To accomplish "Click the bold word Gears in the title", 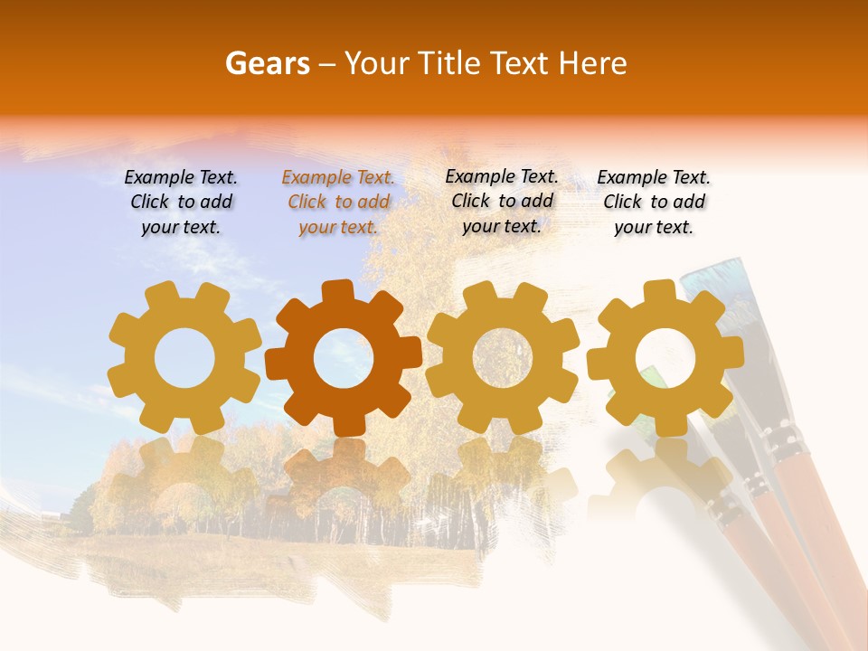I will point(267,63).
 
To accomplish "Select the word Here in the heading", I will point(593,63).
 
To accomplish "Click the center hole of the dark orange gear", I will point(344,358).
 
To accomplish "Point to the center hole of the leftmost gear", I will point(184,358).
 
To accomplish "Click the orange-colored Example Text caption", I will point(338,203).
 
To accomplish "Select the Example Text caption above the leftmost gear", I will point(181,203).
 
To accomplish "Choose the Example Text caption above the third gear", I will point(502,202).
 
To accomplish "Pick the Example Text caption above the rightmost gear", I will point(654,203).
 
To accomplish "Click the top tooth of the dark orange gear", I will point(336,291).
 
